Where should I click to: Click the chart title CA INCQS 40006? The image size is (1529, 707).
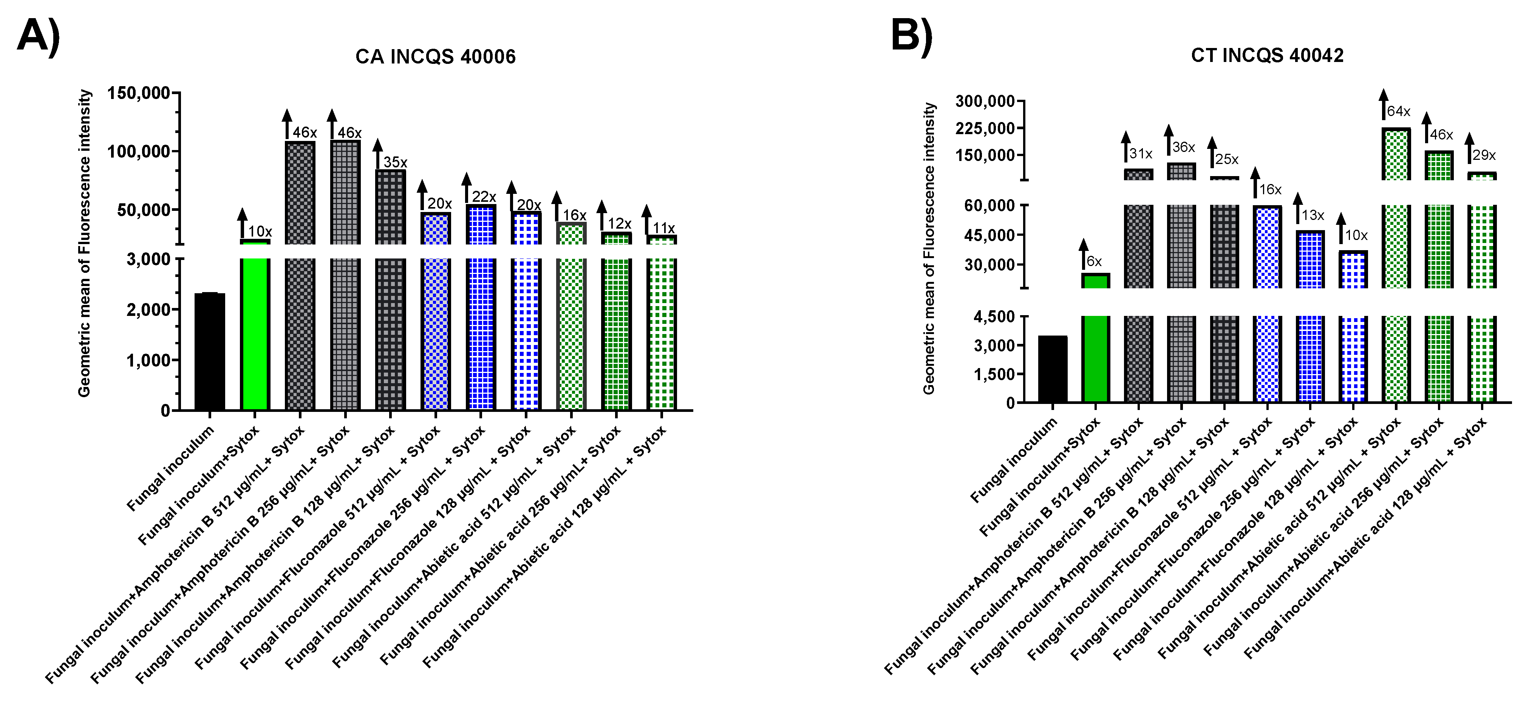tap(435, 57)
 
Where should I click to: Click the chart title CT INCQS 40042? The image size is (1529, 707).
tap(1267, 55)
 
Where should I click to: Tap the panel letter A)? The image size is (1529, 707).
tap(39, 37)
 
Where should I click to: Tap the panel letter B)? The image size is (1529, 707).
tap(912, 36)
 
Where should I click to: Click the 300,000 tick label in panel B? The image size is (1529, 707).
tap(985, 102)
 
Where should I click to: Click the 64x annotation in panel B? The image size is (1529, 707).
tap(1398, 111)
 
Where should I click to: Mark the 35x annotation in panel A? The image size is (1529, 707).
tap(395, 162)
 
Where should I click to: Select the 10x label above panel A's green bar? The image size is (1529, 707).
tap(260, 232)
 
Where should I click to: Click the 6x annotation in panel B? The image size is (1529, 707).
tap(1094, 262)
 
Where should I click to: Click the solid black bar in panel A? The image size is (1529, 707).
tap(210, 351)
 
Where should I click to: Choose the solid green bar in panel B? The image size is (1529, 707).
tap(1096, 338)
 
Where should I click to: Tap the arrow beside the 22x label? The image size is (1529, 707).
tap(467, 187)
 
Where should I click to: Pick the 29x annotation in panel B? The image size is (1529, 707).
tap(1484, 156)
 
